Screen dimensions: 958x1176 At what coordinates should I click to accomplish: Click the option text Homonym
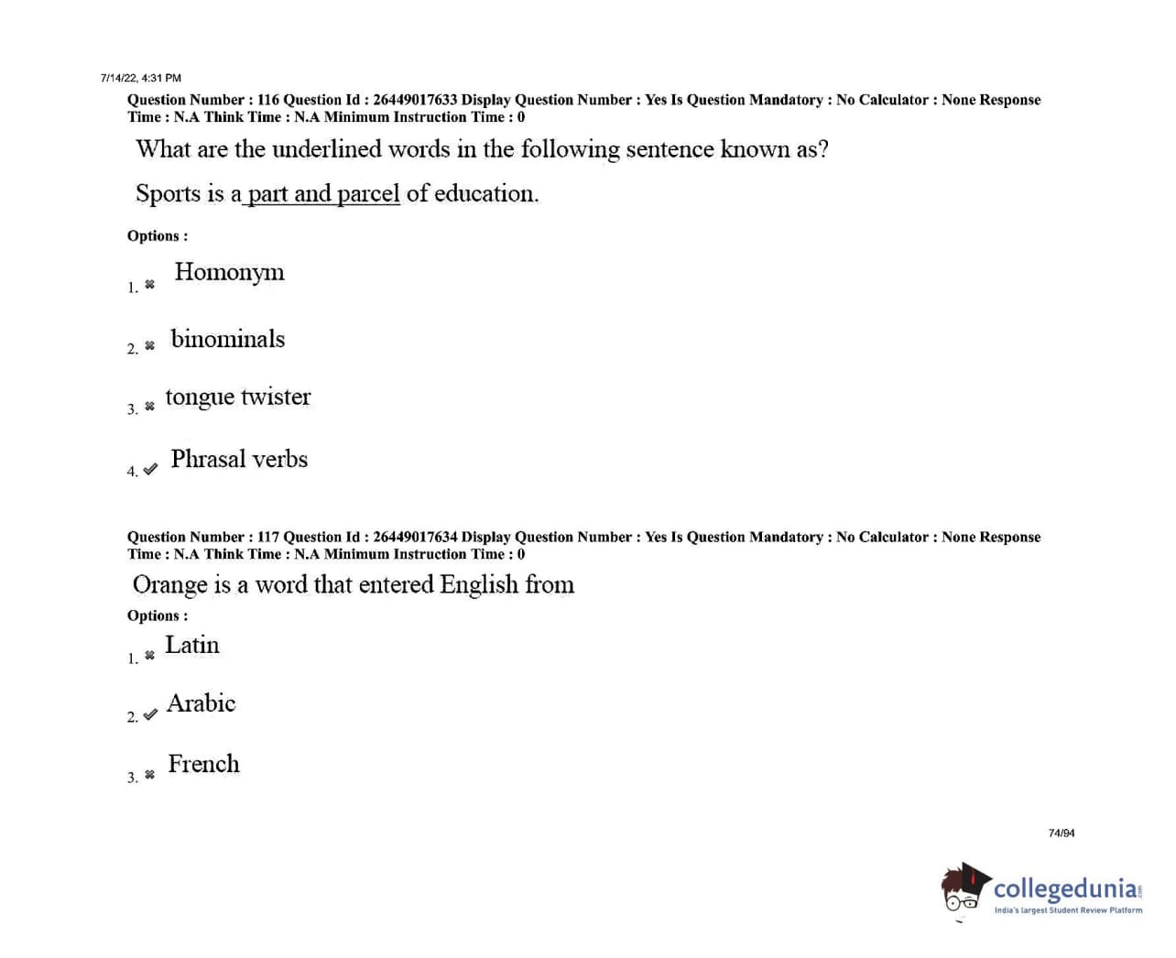(x=229, y=273)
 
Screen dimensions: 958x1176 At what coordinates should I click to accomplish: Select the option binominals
(x=227, y=340)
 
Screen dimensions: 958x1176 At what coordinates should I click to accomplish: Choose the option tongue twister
(x=237, y=397)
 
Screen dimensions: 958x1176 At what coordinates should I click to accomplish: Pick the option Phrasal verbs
(x=238, y=459)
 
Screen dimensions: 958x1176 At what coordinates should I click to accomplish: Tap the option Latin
(x=191, y=646)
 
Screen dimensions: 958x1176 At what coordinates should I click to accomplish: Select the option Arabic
(x=201, y=703)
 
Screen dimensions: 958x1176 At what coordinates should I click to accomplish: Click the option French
(x=203, y=764)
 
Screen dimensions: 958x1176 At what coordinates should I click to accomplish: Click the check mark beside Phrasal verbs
(x=150, y=469)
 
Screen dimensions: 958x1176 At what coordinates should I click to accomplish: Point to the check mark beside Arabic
(x=150, y=714)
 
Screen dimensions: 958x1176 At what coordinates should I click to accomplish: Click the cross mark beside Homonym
(x=150, y=285)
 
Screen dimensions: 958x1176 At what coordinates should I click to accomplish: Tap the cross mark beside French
(x=150, y=775)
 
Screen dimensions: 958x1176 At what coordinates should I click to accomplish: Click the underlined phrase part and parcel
(x=323, y=194)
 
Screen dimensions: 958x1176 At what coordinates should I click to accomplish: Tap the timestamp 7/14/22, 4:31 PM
(x=141, y=78)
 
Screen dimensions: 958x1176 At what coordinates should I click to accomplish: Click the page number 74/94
(x=1062, y=833)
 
